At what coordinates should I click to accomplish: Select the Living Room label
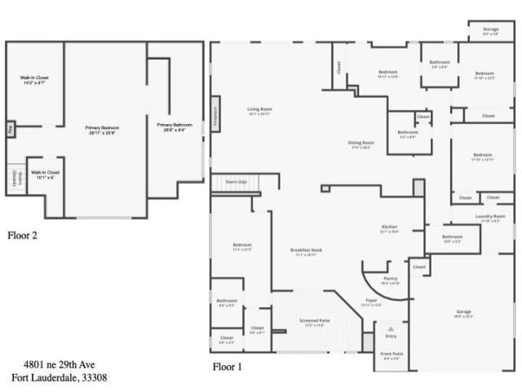click(260, 111)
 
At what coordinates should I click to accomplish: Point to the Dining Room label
click(362, 145)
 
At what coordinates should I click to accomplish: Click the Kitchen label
click(389, 229)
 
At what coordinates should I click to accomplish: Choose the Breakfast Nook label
click(306, 252)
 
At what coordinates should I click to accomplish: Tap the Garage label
click(463, 313)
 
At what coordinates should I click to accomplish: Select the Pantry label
click(390, 280)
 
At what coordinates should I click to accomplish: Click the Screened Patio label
click(314, 322)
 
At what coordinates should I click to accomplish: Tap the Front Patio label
click(391, 355)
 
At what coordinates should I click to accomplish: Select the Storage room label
click(491, 30)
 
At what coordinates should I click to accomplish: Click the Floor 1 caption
click(228, 367)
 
